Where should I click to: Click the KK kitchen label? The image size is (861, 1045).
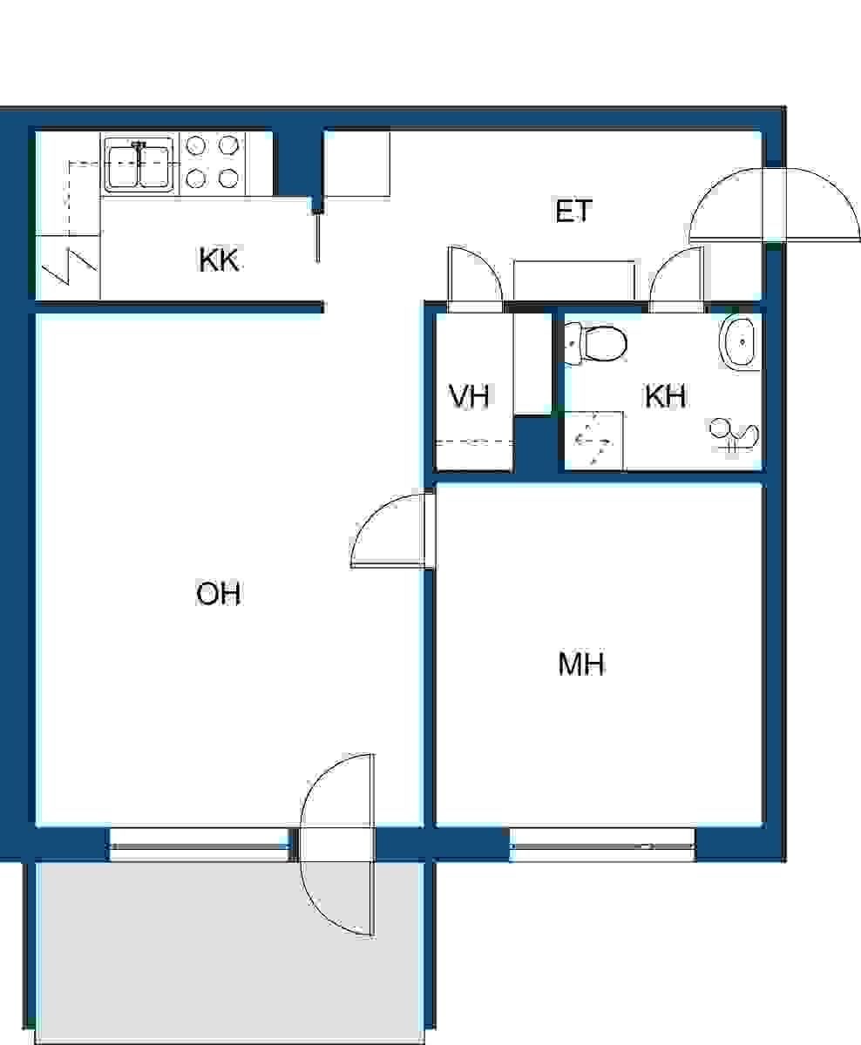219,260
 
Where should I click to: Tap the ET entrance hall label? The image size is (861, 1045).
573,211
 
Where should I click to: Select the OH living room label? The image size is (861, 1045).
218,593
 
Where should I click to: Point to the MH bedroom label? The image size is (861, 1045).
581,664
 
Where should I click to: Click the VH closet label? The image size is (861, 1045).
469,396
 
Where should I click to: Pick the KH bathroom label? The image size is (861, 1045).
666,396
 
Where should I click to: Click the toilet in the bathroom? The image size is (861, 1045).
596,343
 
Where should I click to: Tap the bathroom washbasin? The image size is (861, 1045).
739,342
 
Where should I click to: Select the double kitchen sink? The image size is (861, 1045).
140,164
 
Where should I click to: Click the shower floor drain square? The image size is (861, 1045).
593,440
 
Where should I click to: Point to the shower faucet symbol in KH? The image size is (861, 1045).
734,435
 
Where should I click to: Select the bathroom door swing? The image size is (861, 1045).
676,274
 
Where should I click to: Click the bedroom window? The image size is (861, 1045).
602,846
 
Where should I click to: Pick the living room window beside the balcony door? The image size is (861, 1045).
200,846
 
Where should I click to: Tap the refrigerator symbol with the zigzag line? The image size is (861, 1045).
69,267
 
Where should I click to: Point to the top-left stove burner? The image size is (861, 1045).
196,145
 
